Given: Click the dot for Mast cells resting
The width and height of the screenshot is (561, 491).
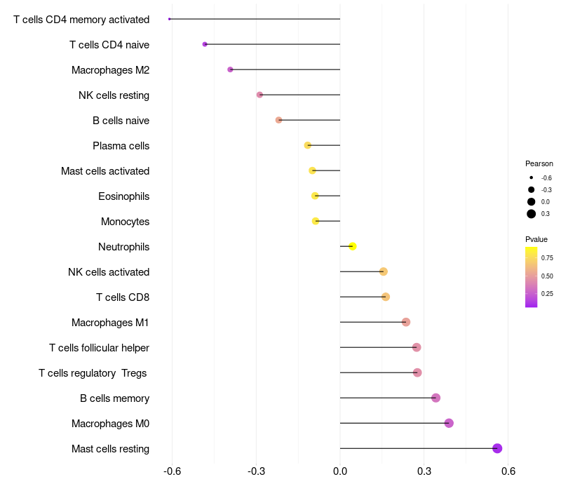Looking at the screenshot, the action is pyautogui.click(x=497, y=448).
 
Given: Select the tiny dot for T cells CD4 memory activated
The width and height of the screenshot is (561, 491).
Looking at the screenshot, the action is pyautogui.click(x=169, y=19).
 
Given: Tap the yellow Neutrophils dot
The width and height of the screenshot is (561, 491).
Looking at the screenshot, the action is pyautogui.click(x=353, y=246).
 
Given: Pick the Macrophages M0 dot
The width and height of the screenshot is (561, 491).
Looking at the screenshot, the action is pyautogui.click(x=449, y=423).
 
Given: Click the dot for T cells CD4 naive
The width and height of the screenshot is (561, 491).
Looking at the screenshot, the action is pyautogui.click(x=205, y=44).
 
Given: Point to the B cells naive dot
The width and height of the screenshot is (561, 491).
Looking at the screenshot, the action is pyautogui.click(x=278, y=120).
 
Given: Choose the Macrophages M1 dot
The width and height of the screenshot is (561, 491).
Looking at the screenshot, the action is pyautogui.click(x=406, y=322).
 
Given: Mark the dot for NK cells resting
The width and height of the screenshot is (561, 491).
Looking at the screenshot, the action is pyautogui.click(x=259, y=95).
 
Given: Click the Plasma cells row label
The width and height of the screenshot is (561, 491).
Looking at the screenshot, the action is pyautogui.click(x=121, y=146).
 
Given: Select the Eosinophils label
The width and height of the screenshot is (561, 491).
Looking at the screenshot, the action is pyautogui.click(x=124, y=196).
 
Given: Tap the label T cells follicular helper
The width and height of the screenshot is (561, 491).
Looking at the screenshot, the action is pyautogui.click(x=99, y=348).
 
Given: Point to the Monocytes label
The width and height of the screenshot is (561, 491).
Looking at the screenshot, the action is pyautogui.click(x=126, y=222).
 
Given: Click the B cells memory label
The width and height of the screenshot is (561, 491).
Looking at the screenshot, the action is pyautogui.click(x=114, y=398).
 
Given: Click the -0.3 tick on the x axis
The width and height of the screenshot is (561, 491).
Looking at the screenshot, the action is pyautogui.click(x=256, y=471).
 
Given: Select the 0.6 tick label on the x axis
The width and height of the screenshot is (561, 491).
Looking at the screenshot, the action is pyautogui.click(x=508, y=471).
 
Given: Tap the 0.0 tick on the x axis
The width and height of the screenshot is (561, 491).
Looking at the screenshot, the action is pyautogui.click(x=340, y=471).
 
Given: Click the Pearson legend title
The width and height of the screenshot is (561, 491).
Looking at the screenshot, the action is pyautogui.click(x=539, y=163).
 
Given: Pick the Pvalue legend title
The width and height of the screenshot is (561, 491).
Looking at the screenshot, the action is pyautogui.click(x=536, y=239).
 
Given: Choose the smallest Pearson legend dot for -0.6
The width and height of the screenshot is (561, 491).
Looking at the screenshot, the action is pyautogui.click(x=532, y=177).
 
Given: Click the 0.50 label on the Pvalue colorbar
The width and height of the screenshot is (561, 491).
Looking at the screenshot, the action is pyautogui.click(x=547, y=276).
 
